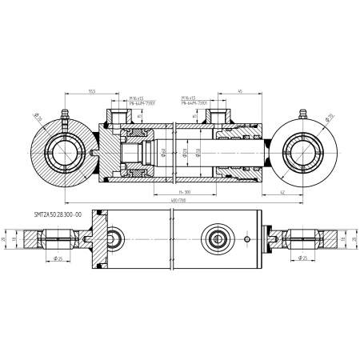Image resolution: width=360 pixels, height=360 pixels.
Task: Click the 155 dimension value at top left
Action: click(x=94, y=90)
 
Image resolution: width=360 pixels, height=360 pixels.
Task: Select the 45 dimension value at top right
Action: click(x=240, y=90)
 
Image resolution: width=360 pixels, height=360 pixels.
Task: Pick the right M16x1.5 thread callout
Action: click(x=191, y=98)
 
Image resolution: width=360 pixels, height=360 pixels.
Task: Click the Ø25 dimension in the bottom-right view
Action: click(x=307, y=258)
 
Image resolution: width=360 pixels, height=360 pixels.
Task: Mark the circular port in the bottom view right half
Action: click(x=217, y=238)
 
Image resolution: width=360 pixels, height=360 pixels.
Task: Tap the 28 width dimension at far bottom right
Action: click(x=353, y=238)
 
